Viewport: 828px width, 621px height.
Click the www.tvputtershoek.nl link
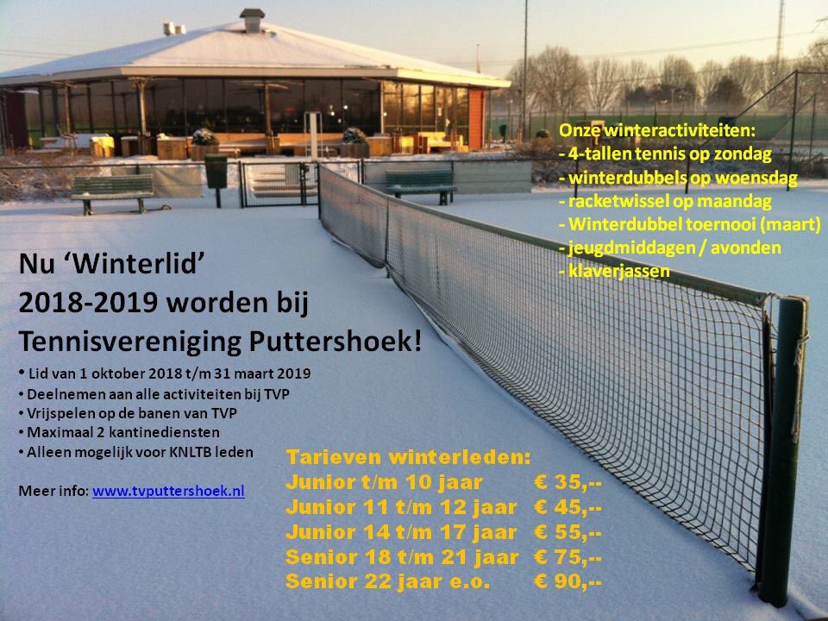(x=168, y=491)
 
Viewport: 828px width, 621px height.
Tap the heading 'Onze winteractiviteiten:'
(x=656, y=131)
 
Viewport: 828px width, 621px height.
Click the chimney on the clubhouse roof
(x=252, y=20)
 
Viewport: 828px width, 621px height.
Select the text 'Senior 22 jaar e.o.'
(x=387, y=582)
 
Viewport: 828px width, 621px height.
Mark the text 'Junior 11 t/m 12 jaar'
(x=401, y=506)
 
